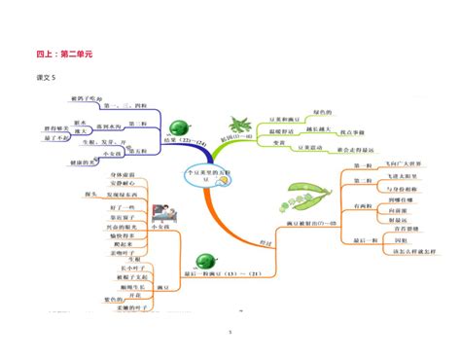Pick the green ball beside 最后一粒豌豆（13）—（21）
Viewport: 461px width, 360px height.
coord(205,261)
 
